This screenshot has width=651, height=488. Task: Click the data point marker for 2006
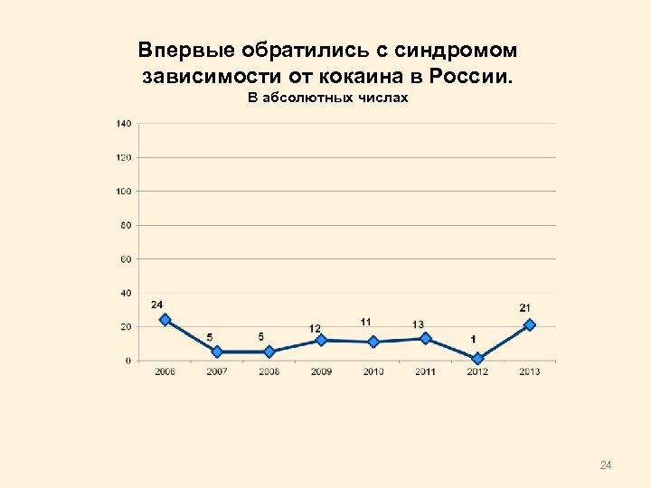tap(165, 320)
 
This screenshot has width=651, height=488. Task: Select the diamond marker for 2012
tap(477, 359)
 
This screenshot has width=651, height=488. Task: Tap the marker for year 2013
tap(530, 324)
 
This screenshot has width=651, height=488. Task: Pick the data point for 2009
tap(321, 340)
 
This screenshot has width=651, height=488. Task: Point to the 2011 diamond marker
tap(425, 338)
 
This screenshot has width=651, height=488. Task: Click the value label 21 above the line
tap(525, 308)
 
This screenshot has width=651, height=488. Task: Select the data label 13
tap(418, 324)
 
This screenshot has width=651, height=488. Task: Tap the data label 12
tap(315, 327)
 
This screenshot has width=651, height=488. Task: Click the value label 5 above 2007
tap(209, 337)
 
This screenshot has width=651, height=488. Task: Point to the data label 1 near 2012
tap(473, 339)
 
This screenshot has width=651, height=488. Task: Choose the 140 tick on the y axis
tap(124, 123)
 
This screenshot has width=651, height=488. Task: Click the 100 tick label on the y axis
tap(124, 192)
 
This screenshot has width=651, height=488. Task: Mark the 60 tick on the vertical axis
tap(126, 259)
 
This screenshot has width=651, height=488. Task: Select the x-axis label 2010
tap(373, 372)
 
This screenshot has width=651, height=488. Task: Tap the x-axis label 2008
tap(269, 372)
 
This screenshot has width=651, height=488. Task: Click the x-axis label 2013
tap(530, 372)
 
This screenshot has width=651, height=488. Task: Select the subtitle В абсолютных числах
tap(328, 98)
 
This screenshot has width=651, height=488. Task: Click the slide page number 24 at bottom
tap(606, 465)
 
